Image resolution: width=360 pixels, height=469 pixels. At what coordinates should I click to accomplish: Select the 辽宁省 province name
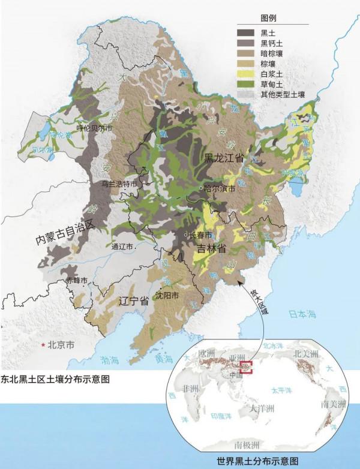click(133, 301)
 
